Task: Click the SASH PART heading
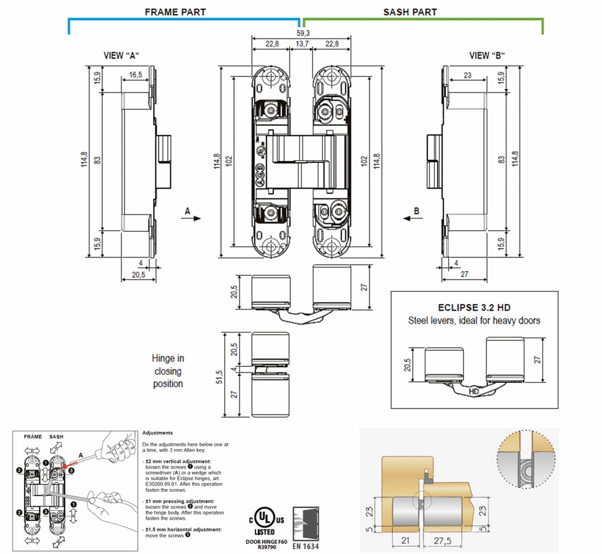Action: [x=410, y=11]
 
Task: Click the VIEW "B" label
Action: [x=487, y=55]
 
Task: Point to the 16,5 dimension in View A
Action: [x=136, y=75]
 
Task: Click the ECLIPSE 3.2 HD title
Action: [x=474, y=307]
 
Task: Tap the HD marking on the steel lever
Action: [x=473, y=392]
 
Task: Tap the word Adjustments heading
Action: [x=157, y=433]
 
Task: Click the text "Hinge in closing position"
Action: [x=168, y=371]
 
